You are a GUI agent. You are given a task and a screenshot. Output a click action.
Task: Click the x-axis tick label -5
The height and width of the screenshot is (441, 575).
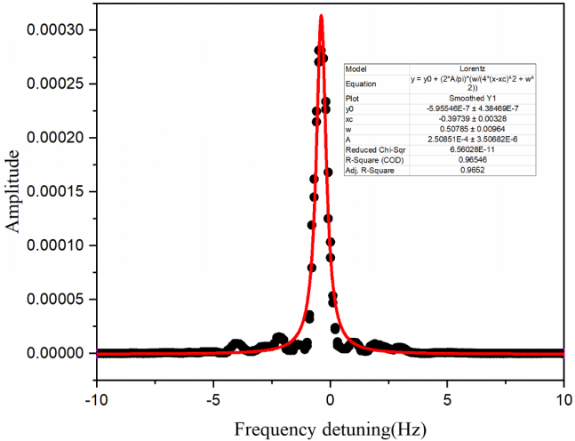click(x=212, y=399)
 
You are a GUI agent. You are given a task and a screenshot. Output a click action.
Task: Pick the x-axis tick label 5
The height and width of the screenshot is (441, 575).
click(x=447, y=399)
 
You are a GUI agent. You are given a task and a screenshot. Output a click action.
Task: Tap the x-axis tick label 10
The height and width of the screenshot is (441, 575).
click(x=563, y=399)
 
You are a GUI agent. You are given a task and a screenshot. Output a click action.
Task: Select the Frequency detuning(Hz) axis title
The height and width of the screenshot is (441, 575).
click(x=330, y=429)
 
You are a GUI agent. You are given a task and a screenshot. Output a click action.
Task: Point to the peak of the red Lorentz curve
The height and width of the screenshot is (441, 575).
click(x=321, y=16)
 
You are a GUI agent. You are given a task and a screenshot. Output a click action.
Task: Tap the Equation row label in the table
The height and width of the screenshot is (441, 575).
click(x=361, y=83)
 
